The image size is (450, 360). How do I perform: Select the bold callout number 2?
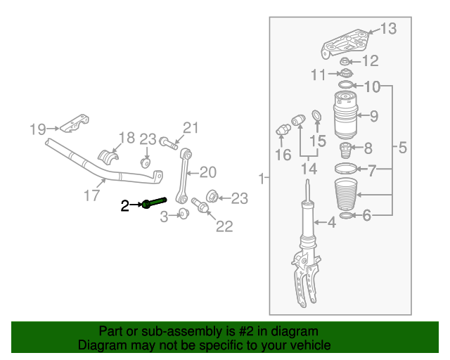(x=125, y=205)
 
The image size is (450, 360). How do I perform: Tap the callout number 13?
(x=389, y=29)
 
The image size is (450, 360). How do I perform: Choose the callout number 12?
(x=371, y=60)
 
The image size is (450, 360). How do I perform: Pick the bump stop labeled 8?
(x=345, y=151)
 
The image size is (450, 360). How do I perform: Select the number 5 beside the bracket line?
(x=403, y=148)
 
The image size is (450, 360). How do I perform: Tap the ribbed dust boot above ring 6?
(x=345, y=193)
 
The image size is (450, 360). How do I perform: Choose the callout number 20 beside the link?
(x=209, y=172)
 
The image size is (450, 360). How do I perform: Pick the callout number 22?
(x=224, y=226)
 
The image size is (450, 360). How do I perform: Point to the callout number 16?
(x=283, y=155)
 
